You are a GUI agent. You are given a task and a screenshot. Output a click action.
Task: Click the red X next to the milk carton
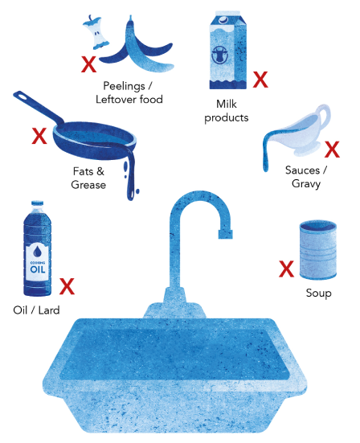(260, 80)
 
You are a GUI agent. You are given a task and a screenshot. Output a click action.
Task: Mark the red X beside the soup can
(285, 269)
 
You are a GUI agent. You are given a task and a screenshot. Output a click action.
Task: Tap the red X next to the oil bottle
(68, 285)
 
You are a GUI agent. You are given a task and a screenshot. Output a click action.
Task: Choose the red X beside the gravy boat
(332, 150)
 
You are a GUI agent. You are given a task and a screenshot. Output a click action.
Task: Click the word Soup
(318, 293)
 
